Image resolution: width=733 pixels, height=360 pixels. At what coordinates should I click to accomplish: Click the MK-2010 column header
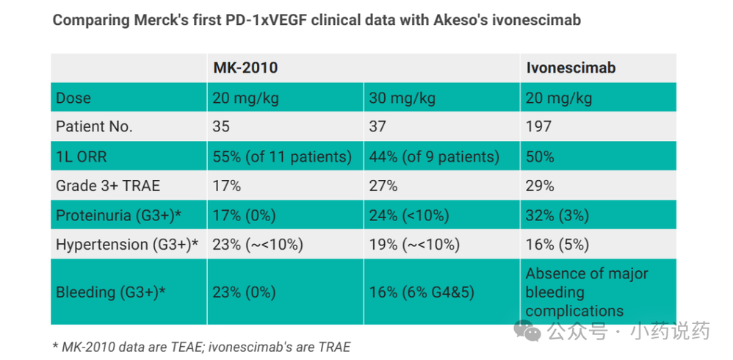pyautogui.click(x=245, y=68)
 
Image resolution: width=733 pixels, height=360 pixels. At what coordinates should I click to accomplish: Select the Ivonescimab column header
pyautogui.click(x=571, y=68)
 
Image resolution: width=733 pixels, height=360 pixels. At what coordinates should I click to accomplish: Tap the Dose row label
pyautogui.click(x=73, y=98)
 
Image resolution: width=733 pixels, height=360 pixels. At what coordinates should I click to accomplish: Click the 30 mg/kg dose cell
pyautogui.click(x=402, y=98)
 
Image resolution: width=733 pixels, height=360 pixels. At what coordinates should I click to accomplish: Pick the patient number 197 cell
pyautogui.click(x=538, y=126)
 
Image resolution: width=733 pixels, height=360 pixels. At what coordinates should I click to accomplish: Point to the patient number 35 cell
pyautogui.click(x=221, y=126)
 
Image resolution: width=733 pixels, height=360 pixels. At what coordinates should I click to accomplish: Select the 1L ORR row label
pyautogui.click(x=82, y=156)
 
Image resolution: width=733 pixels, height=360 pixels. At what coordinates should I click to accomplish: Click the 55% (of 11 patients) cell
pyautogui.click(x=282, y=156)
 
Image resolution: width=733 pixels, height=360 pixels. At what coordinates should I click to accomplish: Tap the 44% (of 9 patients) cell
pyautogui.click(x=434, y=156)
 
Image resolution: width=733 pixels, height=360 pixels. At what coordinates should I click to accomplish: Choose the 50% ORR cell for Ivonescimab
pyautogui.click(x=540, y=156)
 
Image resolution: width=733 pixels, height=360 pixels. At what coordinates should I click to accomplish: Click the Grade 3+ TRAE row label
pyautogui.click(x=108, y=186)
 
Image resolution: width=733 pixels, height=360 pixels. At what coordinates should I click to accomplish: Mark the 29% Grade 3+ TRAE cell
pyautogui.click(x=540, y=186)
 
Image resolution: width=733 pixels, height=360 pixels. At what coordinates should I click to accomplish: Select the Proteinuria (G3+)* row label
pyautogui.click(x=119, y=215)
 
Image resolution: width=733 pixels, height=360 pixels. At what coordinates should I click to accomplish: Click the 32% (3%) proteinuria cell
pyautogui.click(x=557, y=215)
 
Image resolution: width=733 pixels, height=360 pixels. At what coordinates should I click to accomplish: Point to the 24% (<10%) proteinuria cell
pyautogui.click(x=409, y=215)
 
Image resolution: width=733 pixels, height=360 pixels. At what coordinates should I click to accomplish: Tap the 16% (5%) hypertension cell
pyautogui.click(x=557, y=245)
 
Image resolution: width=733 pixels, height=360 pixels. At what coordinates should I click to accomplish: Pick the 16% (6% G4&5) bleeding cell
pyautogui.click(x=422, y=292)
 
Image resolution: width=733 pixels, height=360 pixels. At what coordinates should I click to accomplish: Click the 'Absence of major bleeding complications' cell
pyautogui.click(x=587, y=292)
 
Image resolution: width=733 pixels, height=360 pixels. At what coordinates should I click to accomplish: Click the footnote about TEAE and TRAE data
pyautogui.click(x=201, y=347)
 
